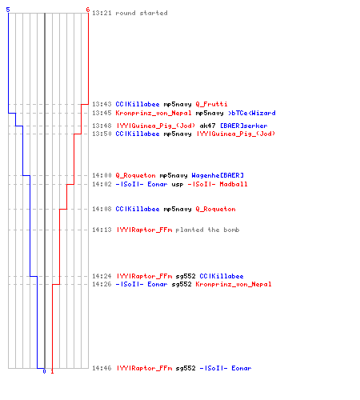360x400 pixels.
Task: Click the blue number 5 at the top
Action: (x=8, y=10)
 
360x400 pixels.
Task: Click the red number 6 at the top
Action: (x=88, y=10)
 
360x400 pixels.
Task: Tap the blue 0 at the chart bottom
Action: (x=44, y=371)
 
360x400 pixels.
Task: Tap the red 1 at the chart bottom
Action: (x=52, y=371)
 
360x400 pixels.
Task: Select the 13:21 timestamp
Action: (x=102, y=13)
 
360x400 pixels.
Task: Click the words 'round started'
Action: (x=142, y=13)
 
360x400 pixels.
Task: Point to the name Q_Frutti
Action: (x=211, y=104)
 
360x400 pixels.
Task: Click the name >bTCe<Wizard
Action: (x=252, y=113)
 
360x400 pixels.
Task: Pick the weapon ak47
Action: (x=207, y=126)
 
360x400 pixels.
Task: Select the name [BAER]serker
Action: (x=244, y=126)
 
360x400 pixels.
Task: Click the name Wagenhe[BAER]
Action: (x=218, y=175)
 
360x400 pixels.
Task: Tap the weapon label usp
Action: (x=178, y=184)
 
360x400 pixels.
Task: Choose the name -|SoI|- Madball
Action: (x=218, y=184)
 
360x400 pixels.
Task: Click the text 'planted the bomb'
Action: (x=207, y=230)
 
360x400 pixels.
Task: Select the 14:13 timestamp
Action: (x=102, y=230)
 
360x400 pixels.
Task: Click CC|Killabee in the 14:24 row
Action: (x=222, y=276)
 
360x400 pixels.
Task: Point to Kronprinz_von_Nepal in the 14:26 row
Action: (x=234, y=284)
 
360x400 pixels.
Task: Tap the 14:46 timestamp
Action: (x=102, y=368)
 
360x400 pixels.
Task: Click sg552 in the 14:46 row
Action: (x=186, y=368)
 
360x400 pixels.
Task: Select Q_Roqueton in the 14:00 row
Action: (x=135, y=175)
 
